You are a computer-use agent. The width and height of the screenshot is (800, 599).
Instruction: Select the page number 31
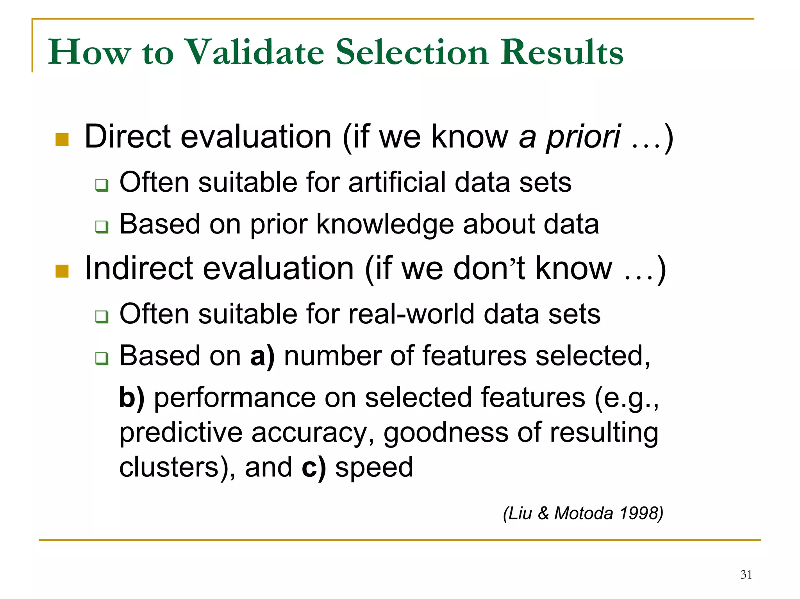point(746,574)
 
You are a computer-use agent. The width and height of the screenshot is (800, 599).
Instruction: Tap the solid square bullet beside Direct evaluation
point(62,139)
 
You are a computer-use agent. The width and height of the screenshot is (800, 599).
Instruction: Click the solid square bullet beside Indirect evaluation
point(62,271)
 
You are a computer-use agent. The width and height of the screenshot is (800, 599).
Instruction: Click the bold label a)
point(262,356)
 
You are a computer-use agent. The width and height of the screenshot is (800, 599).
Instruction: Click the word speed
point(374,468)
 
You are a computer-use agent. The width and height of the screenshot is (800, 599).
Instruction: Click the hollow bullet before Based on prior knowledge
point(102,226)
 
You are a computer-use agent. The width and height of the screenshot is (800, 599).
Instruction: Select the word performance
point(234,398)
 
